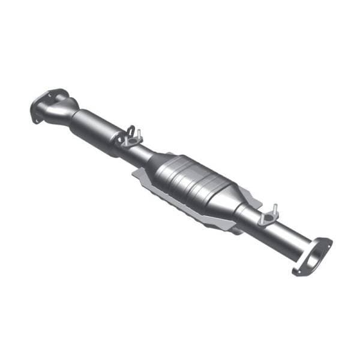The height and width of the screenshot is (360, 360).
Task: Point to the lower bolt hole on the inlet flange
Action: (37, 118)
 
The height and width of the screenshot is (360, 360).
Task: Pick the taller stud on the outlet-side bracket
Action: (275, 208)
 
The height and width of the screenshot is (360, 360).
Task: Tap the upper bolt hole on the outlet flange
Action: (327, 242)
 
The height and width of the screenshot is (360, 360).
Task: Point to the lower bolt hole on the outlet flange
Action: (298, 271)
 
